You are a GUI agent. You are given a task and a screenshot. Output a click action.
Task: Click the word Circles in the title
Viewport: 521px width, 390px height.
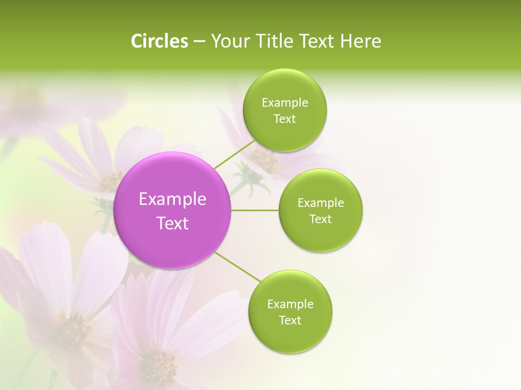(159, 41)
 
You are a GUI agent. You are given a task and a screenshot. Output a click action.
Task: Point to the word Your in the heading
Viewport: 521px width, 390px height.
(230, 41)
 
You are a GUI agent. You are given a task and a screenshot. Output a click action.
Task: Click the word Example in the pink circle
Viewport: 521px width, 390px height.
(173, 199)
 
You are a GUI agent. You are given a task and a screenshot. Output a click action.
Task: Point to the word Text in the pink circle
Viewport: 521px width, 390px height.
(173, 223)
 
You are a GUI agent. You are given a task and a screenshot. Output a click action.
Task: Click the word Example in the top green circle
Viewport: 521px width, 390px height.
(285, 103)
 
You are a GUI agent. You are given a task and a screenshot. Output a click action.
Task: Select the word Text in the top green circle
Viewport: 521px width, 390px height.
(284, 119)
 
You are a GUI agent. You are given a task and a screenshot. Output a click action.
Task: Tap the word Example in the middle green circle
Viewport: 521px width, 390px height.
(321, 203)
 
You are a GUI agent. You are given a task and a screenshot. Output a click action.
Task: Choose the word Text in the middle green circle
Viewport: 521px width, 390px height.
(321, 219)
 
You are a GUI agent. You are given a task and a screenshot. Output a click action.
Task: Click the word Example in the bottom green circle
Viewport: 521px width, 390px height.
(290, 304)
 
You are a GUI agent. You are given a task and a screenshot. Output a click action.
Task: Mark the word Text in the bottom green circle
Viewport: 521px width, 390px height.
(290, 320)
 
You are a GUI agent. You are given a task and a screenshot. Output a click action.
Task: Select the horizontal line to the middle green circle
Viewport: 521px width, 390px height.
(255, 210)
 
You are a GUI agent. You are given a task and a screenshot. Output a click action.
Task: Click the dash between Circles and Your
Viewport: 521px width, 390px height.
(199, 41)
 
